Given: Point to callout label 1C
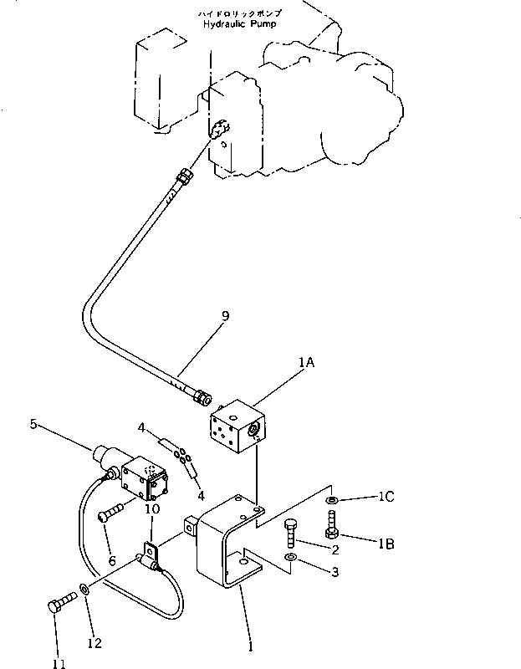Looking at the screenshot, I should point(386,497).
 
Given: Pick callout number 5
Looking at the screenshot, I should point(34,424).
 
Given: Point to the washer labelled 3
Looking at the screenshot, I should point(289,557).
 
